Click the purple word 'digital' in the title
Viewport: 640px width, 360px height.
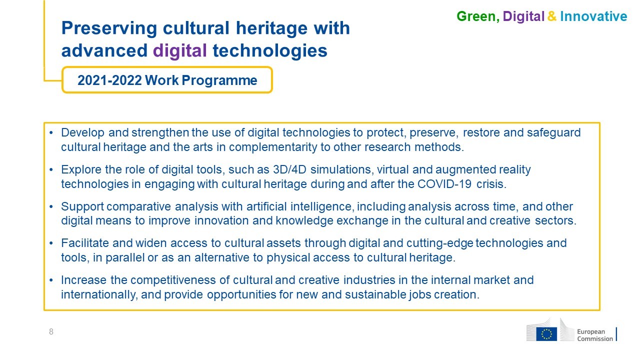click(x=179, y=51)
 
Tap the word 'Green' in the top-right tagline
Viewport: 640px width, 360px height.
click(x=476, y=16)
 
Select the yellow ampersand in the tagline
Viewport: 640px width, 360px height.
click(x=552, y=16)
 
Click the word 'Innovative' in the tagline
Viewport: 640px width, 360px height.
click(x=593, y=16)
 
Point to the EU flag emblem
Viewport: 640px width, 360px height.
click(x=546, y=334)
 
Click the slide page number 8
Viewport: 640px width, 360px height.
click(x=51, y=331)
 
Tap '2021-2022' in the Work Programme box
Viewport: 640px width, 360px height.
click(x=109, y=80)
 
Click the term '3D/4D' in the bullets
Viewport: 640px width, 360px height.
click(x=289, y=169)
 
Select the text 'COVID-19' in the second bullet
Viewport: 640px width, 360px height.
click(x=444, y=184)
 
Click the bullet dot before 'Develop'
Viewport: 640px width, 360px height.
click(x=51, y=133)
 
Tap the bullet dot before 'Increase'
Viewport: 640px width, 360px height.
click(x=51, y=280)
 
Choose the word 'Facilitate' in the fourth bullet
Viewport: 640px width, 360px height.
click(x=85, y=243)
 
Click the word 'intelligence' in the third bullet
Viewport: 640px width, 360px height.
click(x=321, y=206)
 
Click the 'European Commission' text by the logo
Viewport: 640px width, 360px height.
click(x=595, y=335)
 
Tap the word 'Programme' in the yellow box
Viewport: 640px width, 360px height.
click(x=219, y=80)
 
